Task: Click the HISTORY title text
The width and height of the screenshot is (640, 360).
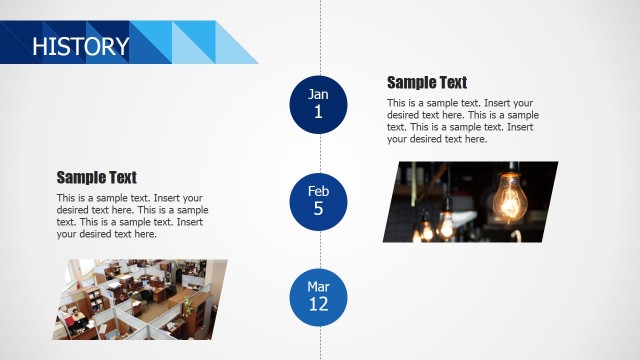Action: coord(80,46)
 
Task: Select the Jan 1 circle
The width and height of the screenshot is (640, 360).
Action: coord(319,103)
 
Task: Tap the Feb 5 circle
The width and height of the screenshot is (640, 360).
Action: coord(319,200)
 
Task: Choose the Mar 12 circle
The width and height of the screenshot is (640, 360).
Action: coord(319,296)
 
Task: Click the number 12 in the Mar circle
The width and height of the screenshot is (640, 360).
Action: coord(319,305)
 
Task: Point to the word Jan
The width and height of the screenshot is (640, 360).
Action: coord(319,94)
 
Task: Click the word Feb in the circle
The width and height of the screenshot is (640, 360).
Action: coord(319,191)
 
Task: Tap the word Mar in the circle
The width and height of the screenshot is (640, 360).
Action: coord(319,287)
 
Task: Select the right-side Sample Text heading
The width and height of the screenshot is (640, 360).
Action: coord(427,83)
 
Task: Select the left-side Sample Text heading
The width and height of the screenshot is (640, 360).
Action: coord(97,178)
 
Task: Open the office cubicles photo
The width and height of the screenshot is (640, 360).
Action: coord(146,299)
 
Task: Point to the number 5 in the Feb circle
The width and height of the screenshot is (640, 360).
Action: coord(319,209)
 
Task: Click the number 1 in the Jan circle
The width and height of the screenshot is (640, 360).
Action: coord(319,112)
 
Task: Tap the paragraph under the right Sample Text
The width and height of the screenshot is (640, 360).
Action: coord(460,121)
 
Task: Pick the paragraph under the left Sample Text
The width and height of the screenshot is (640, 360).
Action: coord(132,216)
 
